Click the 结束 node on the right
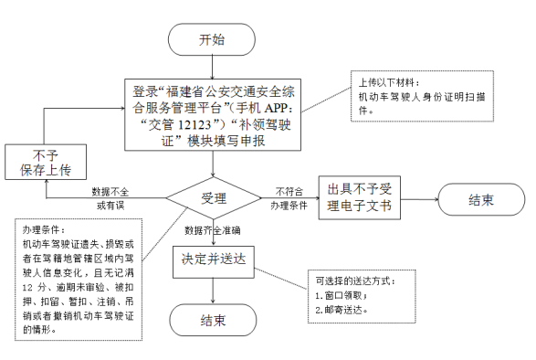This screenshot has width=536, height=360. point(481,198)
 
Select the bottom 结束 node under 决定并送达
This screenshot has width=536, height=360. point(213,323)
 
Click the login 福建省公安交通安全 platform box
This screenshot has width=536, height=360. point(212,115)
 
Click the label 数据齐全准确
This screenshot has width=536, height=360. point(212,229)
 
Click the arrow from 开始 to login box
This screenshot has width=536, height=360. point(213,69)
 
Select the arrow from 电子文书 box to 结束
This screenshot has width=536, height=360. point(419,198)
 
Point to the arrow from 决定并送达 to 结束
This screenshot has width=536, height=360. point(213,291)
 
